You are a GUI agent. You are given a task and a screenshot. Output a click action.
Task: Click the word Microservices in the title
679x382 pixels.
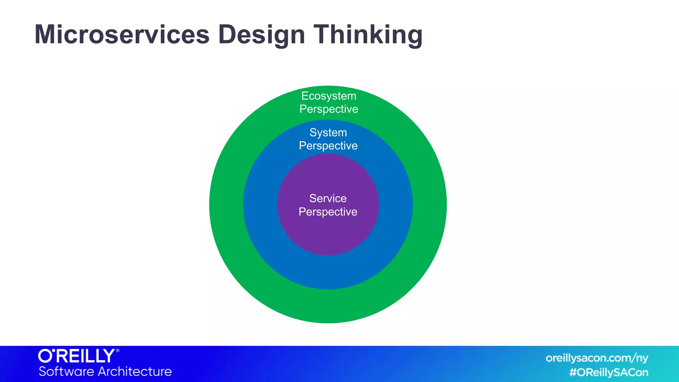click(x=122, y=34)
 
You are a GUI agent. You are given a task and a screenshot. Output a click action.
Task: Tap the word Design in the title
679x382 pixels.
click(x=262, y=34)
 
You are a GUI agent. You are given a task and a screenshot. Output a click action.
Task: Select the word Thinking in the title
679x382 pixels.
click(x=368, y=34)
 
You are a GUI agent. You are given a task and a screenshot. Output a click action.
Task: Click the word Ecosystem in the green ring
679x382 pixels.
click(x=329, y=96)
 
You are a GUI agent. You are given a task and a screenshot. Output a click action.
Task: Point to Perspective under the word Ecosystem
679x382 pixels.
click(x=329, y=109)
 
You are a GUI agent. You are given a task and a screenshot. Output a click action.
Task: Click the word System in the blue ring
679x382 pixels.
click(x=328, y=133)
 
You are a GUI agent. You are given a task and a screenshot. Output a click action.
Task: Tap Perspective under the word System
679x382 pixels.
click(x=328, y=146)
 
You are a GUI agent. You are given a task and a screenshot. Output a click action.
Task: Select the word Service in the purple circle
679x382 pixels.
click(x=328, y=198)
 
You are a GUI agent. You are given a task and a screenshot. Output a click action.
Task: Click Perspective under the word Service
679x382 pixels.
click(x=328, y=212)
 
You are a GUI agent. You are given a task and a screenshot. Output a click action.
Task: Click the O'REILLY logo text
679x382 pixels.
click(x=77, y=356)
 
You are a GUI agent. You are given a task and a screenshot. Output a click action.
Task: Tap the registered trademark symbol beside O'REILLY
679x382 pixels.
click(x=117, y=350)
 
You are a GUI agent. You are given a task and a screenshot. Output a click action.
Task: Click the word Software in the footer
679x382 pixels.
click(x=66, y=371)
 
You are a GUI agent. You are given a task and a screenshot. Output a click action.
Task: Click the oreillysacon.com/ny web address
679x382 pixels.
click(x=597, y=358)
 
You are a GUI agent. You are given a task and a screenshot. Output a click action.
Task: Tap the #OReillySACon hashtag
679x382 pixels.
click(x=609, y=372)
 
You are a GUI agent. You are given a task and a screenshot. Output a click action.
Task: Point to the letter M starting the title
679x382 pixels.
click(x=46, y=34)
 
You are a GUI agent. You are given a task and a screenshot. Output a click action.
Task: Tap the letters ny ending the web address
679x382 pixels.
click(x=642, y=359)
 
